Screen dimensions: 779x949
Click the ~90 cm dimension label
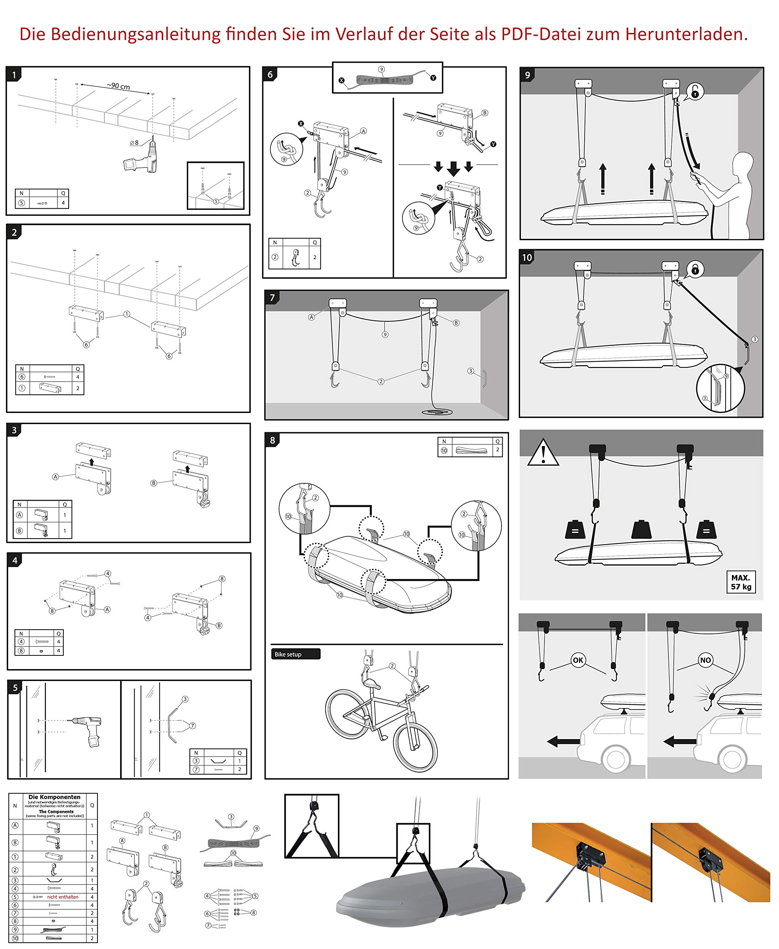(x=118, y=86)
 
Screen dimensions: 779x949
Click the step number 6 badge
(x=270, y=75)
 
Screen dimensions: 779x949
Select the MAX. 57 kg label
(x=740, y=582)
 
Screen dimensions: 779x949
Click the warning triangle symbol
(x=543, y=453)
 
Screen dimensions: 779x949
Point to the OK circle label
(x=578, y=660)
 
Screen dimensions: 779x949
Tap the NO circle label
(x=706, y=660)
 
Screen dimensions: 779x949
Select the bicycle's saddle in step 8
(x=372, y=684)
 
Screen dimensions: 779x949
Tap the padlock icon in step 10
(x=695, y=270)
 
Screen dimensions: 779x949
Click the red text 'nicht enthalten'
(x=62, y=897)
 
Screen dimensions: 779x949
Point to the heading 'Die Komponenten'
(x=54, y=797)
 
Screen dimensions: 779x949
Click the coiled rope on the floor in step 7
(x=437, y=411)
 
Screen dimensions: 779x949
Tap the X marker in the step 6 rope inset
(x=342, y=81)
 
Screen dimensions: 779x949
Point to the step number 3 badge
(x=14, y=430)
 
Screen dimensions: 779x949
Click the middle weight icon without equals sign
(x=641, y=530)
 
